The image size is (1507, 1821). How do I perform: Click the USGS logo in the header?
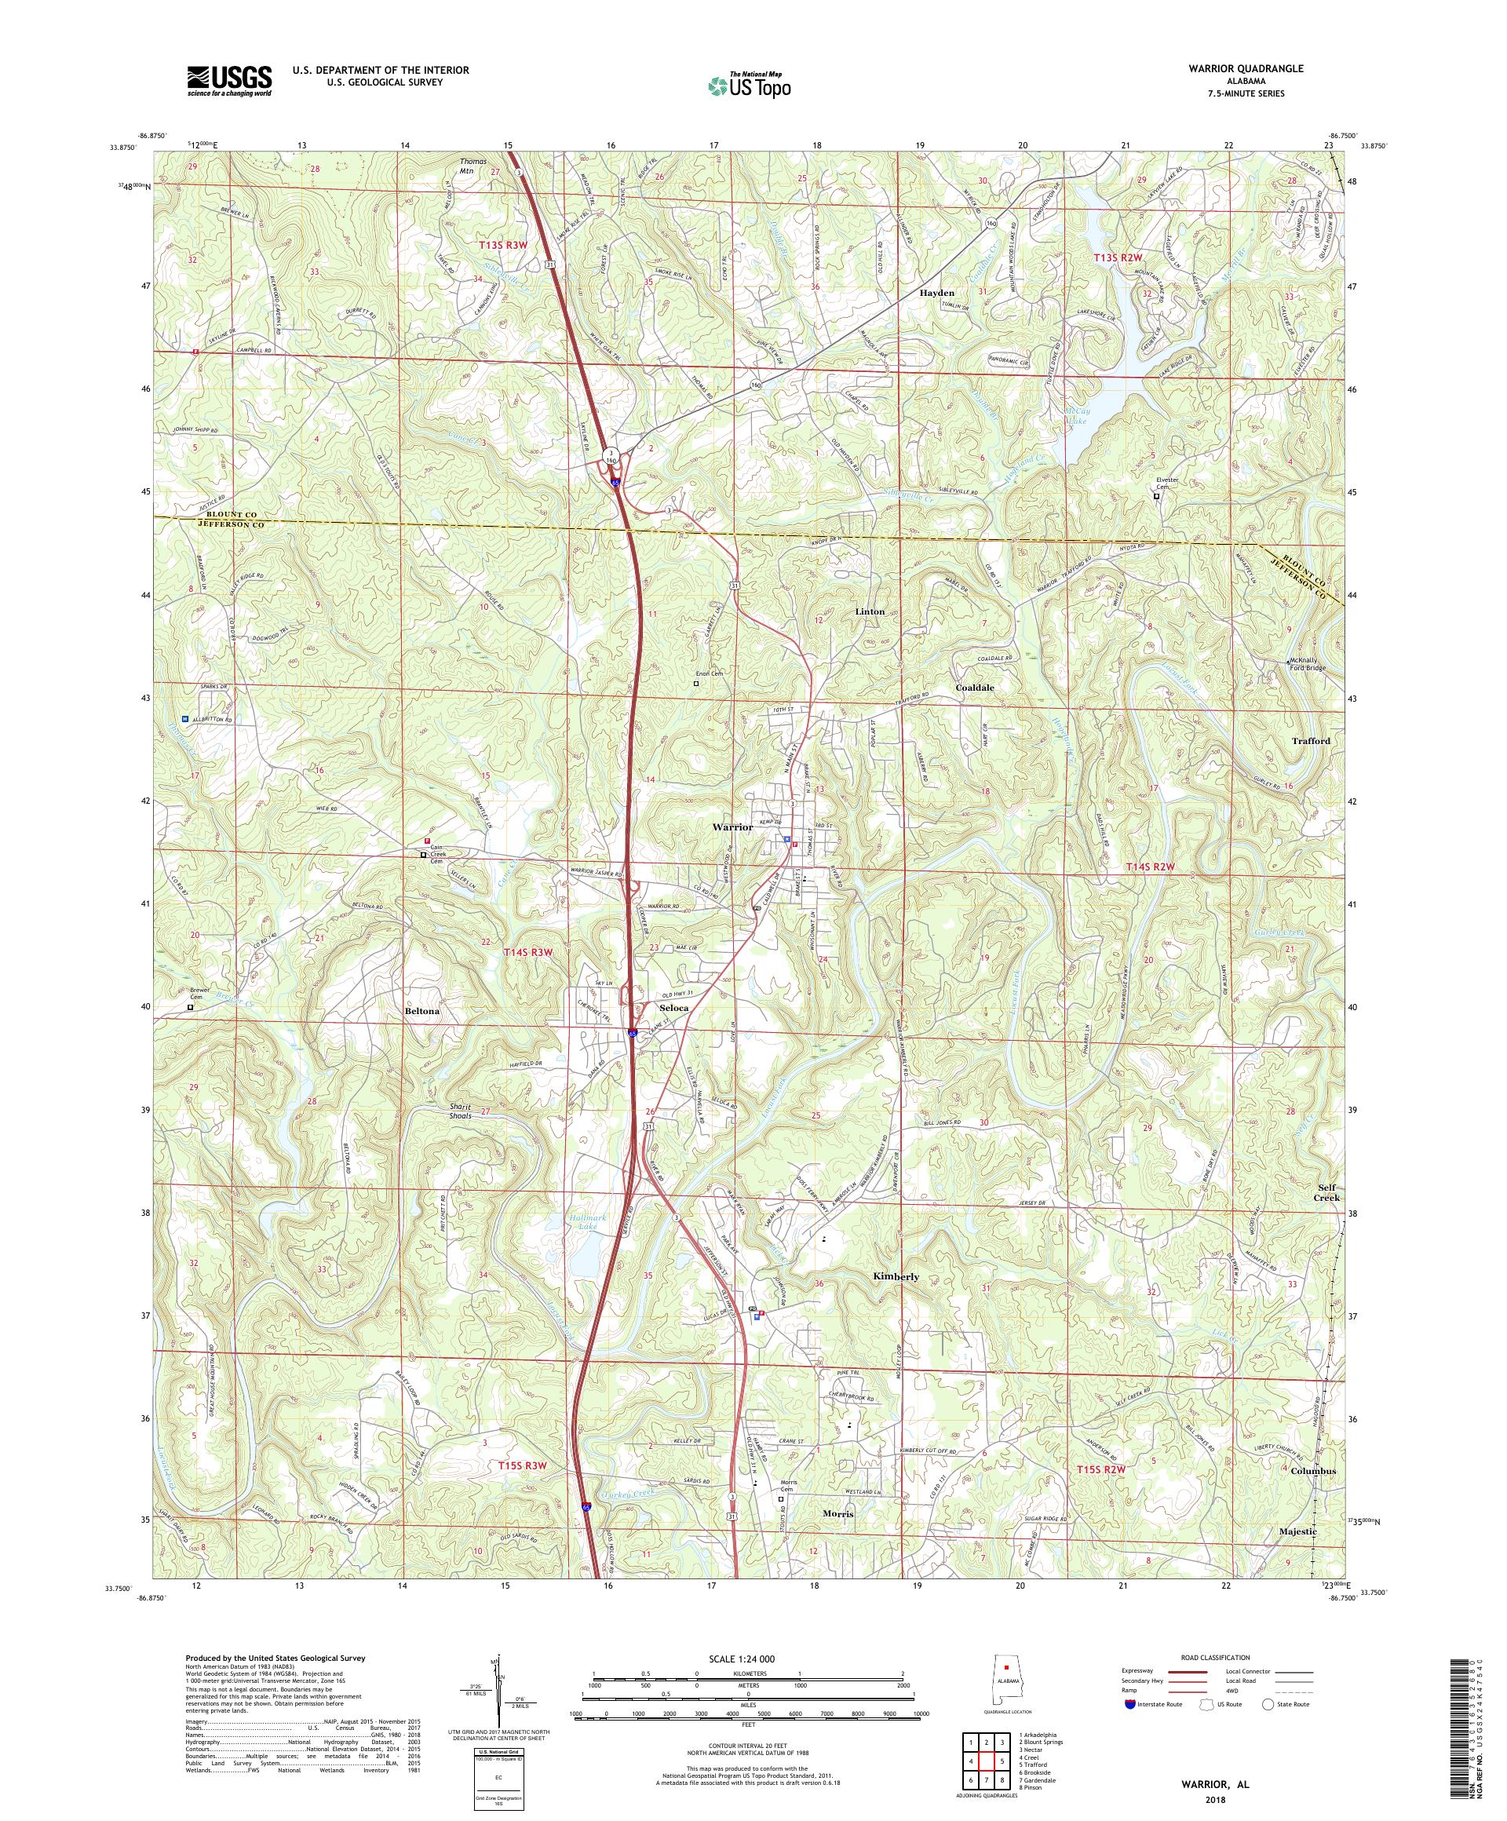(229, 81)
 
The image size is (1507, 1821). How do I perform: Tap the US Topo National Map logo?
(751, 85)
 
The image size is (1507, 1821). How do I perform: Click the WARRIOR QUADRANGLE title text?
(1250, 68)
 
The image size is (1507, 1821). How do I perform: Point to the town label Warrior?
(732, 827)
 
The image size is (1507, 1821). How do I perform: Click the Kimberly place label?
(896, 1277)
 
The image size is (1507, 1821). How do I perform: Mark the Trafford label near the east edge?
(1310, 742)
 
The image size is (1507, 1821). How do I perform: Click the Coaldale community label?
(975, 687)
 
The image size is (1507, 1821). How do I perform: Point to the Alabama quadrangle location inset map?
(1007, 1688)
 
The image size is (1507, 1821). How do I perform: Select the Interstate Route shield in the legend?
(1127, 1729)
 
